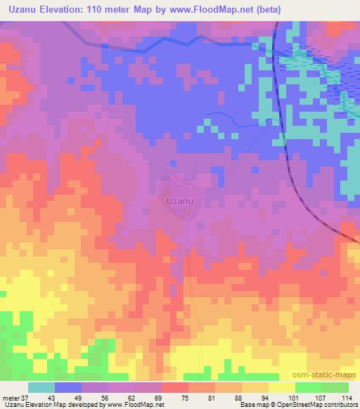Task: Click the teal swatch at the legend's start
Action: tap(41, 387)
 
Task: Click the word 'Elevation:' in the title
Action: tap(70, 8)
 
